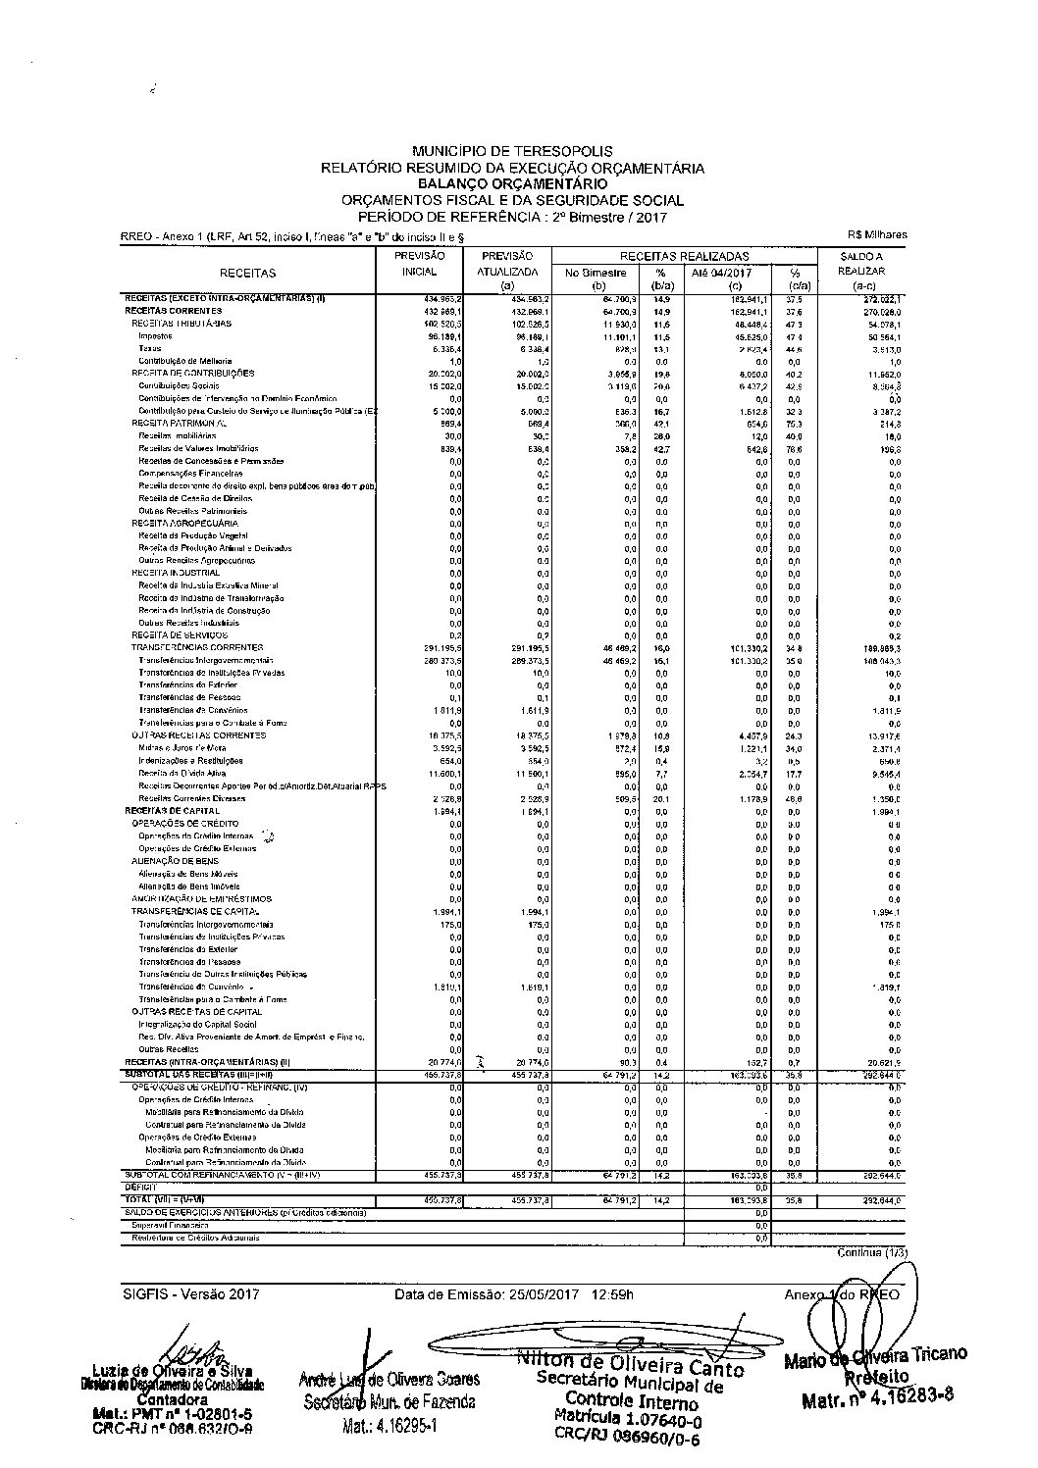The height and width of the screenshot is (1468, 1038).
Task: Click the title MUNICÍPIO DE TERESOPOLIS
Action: (512, 152)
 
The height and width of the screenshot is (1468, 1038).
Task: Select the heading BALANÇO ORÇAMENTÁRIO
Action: (512, 183)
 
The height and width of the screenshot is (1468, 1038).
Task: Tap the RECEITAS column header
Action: (248, 273)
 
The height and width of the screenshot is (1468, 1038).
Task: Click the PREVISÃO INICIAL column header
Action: (420, 263)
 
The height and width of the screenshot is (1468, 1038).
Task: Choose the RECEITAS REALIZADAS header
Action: (684, 255)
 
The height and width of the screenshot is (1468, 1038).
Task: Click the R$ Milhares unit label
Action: (878, 234)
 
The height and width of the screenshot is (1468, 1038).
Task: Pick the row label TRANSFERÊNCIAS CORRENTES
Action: (197, 647)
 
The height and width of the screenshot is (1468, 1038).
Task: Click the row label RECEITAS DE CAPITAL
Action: (164, 811)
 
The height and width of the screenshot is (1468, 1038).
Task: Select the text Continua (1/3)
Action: (869, 1252)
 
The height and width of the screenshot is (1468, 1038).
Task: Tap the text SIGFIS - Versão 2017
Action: (191, 1294)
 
